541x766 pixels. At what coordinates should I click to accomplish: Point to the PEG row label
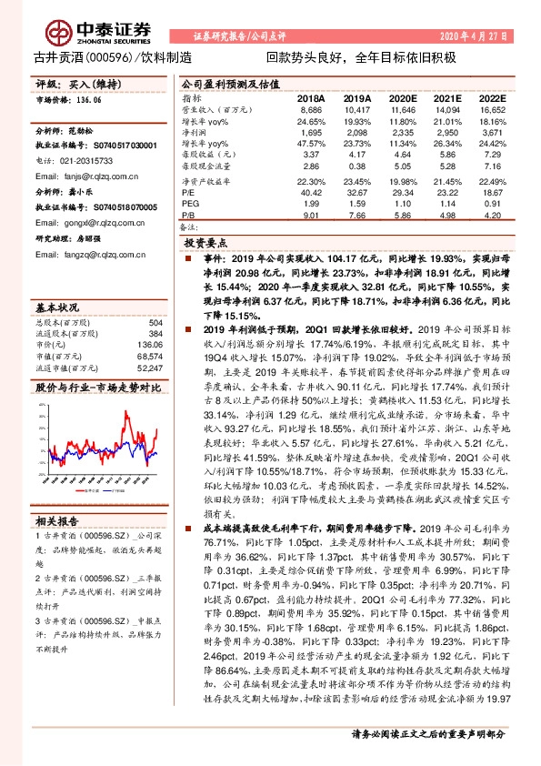pyautogui.click(x=189, y=204)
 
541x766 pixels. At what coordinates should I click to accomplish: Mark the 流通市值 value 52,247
pyautogui.click(x=149, y=343)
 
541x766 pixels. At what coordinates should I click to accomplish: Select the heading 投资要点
pyautogui.click(x=205, y=245)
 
